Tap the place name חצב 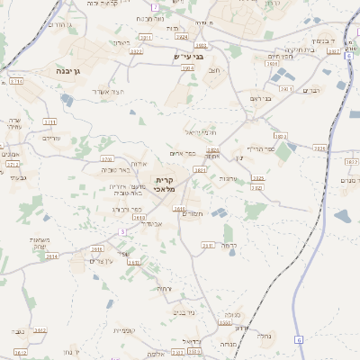coord(214,70)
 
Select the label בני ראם coord(260,97)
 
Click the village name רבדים coord(311,90)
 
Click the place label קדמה coord(229,245)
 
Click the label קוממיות coord(125,330)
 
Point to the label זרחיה coord(162,288)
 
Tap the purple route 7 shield coord(155,6)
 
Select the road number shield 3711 coord(17,81)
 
